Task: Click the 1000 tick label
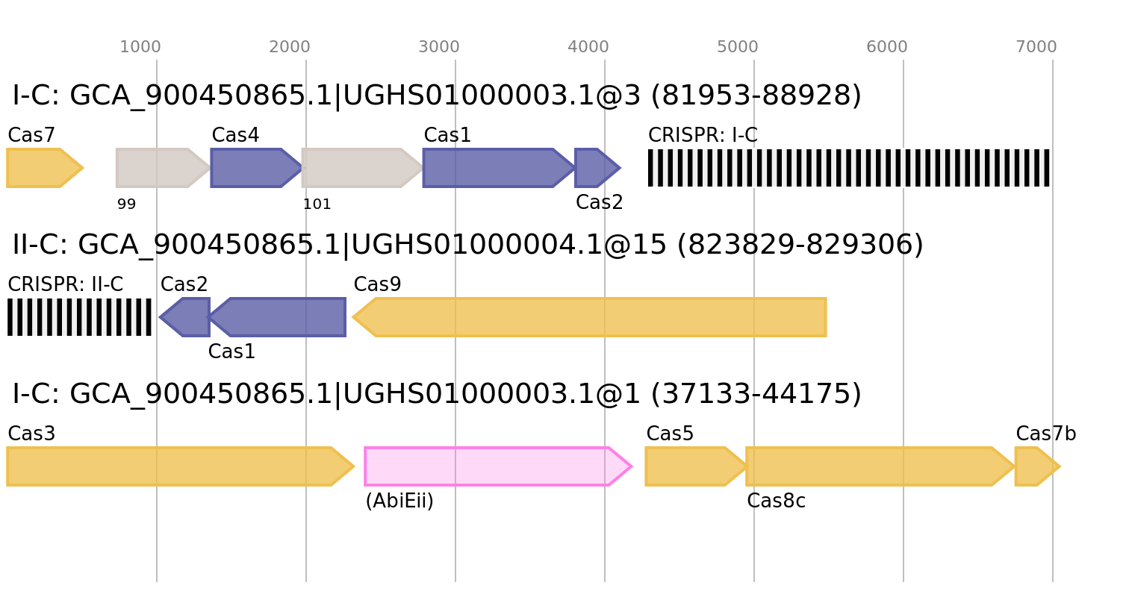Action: [x=140, y=47]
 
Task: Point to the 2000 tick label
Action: [x=290, y=47]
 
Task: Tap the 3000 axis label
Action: [x=439, y=47]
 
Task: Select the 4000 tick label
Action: [x=588, y=47]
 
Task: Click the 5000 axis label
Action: [x=738, y=47]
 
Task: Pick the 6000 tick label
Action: [x=887, y=47]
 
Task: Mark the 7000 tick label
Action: [x=1036, y=47]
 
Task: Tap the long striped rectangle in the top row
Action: [x=849, y=168]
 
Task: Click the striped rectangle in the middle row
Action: [x=79, y=317]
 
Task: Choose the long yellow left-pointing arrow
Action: [x=590, y=317]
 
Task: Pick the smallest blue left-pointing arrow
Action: [x=186, y=317]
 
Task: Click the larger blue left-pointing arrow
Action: [x=280, y=317]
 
